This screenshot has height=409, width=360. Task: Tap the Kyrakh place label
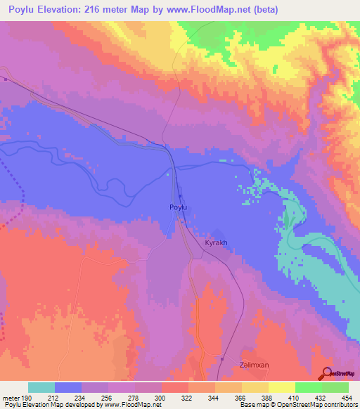[x=216, y=242]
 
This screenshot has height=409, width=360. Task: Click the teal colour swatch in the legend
[x=41, y=387]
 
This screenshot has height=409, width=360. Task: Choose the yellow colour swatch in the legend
[x=282, y=387]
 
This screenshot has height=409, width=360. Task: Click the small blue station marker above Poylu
[x=180, y=196]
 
